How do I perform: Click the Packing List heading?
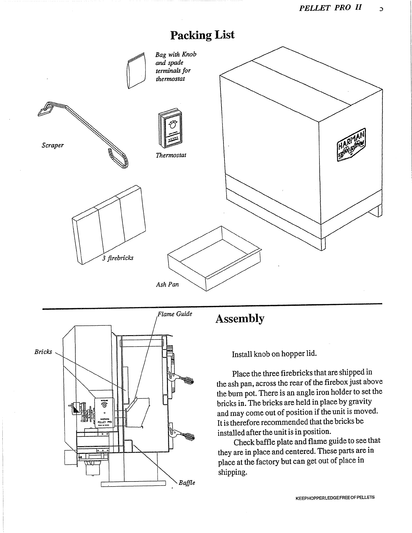(x=202, y=35)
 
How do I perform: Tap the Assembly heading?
(x=240, y=319)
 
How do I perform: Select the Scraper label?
(x=53, y=145)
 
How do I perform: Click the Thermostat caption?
(x=171, y=155)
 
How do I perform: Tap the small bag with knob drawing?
(x=136, y=71)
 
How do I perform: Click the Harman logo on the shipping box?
(x=352, y=145)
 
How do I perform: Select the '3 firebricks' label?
(x=118, y=258)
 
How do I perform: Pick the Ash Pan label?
(x=167, y=284)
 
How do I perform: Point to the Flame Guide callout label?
(x=175, y=314)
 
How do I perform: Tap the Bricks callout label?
(x=43, y=352)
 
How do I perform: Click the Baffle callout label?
(x=187, y=483)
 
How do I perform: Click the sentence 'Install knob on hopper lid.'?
(x=274, y=354)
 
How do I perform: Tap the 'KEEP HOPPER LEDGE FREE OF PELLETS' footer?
(x=335, y=497)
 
